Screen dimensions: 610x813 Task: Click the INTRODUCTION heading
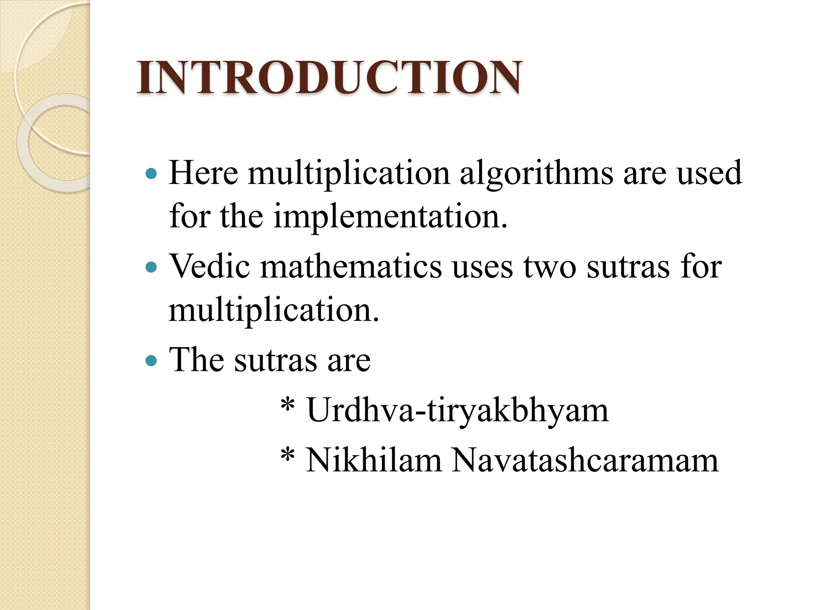coord(329,78)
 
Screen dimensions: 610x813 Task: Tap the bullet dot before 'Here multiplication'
coord(151,174)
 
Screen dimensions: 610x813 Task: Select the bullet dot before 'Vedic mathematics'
coord(151,267)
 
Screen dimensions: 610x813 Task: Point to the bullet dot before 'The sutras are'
coord(151,361)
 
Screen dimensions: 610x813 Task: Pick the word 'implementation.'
coord(390,216)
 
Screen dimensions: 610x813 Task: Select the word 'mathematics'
coord(351,266)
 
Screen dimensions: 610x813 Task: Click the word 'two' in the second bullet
coord(550,267)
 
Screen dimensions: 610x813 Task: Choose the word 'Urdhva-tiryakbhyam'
coord(457,411)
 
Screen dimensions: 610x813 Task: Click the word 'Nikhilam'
coord(374,461)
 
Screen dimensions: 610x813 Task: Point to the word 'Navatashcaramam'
coord(585,461)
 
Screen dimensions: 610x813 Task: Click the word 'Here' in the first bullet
coord(203,174)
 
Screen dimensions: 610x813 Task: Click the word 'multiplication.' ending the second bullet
coord(274,311)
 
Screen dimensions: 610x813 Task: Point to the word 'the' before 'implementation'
coord(241,216)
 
